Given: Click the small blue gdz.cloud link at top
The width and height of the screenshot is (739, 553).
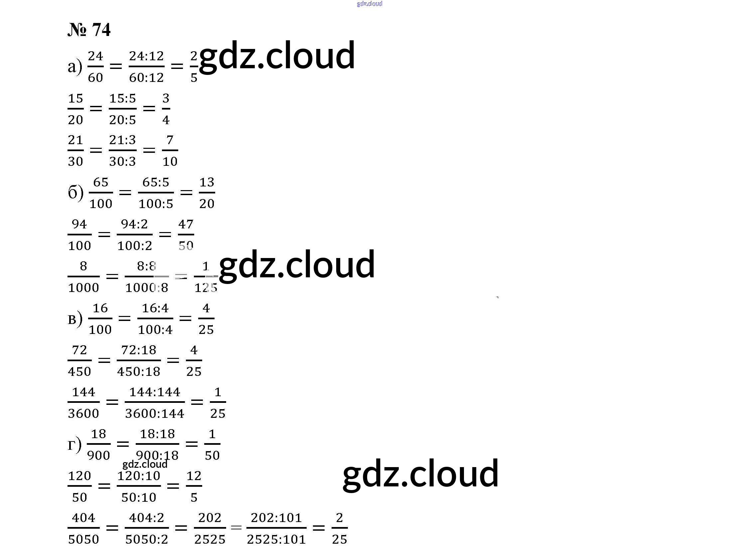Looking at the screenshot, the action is click(369, 4).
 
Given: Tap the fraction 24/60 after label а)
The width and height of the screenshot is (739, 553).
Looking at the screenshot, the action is click(95, 67).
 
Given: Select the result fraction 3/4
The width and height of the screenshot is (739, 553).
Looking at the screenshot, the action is click(166, 109).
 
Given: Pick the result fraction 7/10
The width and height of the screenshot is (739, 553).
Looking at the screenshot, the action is click(170, 151).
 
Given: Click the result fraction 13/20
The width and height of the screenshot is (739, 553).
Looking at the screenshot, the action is click(207, 193).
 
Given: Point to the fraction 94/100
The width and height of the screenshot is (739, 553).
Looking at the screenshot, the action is click(79, 235).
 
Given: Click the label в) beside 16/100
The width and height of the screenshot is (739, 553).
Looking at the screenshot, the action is click(75, 319).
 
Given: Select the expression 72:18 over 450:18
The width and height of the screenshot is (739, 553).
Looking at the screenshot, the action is click(139, 361).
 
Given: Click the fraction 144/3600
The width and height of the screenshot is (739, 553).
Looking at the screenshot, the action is click(83, 403).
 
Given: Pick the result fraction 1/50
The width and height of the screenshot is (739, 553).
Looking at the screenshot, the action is click(212, 444).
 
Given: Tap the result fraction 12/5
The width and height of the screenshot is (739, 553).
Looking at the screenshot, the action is click(194, 486).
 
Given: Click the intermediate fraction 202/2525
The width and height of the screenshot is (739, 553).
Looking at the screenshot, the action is click(210, 528).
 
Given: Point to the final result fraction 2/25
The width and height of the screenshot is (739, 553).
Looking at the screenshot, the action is click(340, 528).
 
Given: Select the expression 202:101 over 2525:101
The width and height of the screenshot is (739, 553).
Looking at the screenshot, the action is click(276, 528).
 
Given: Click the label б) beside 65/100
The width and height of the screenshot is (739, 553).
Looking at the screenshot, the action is click(75, 193).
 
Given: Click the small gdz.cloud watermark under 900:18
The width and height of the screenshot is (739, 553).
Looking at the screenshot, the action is click(145, 464).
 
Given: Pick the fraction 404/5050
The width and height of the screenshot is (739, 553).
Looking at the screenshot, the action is click(83, 528).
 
